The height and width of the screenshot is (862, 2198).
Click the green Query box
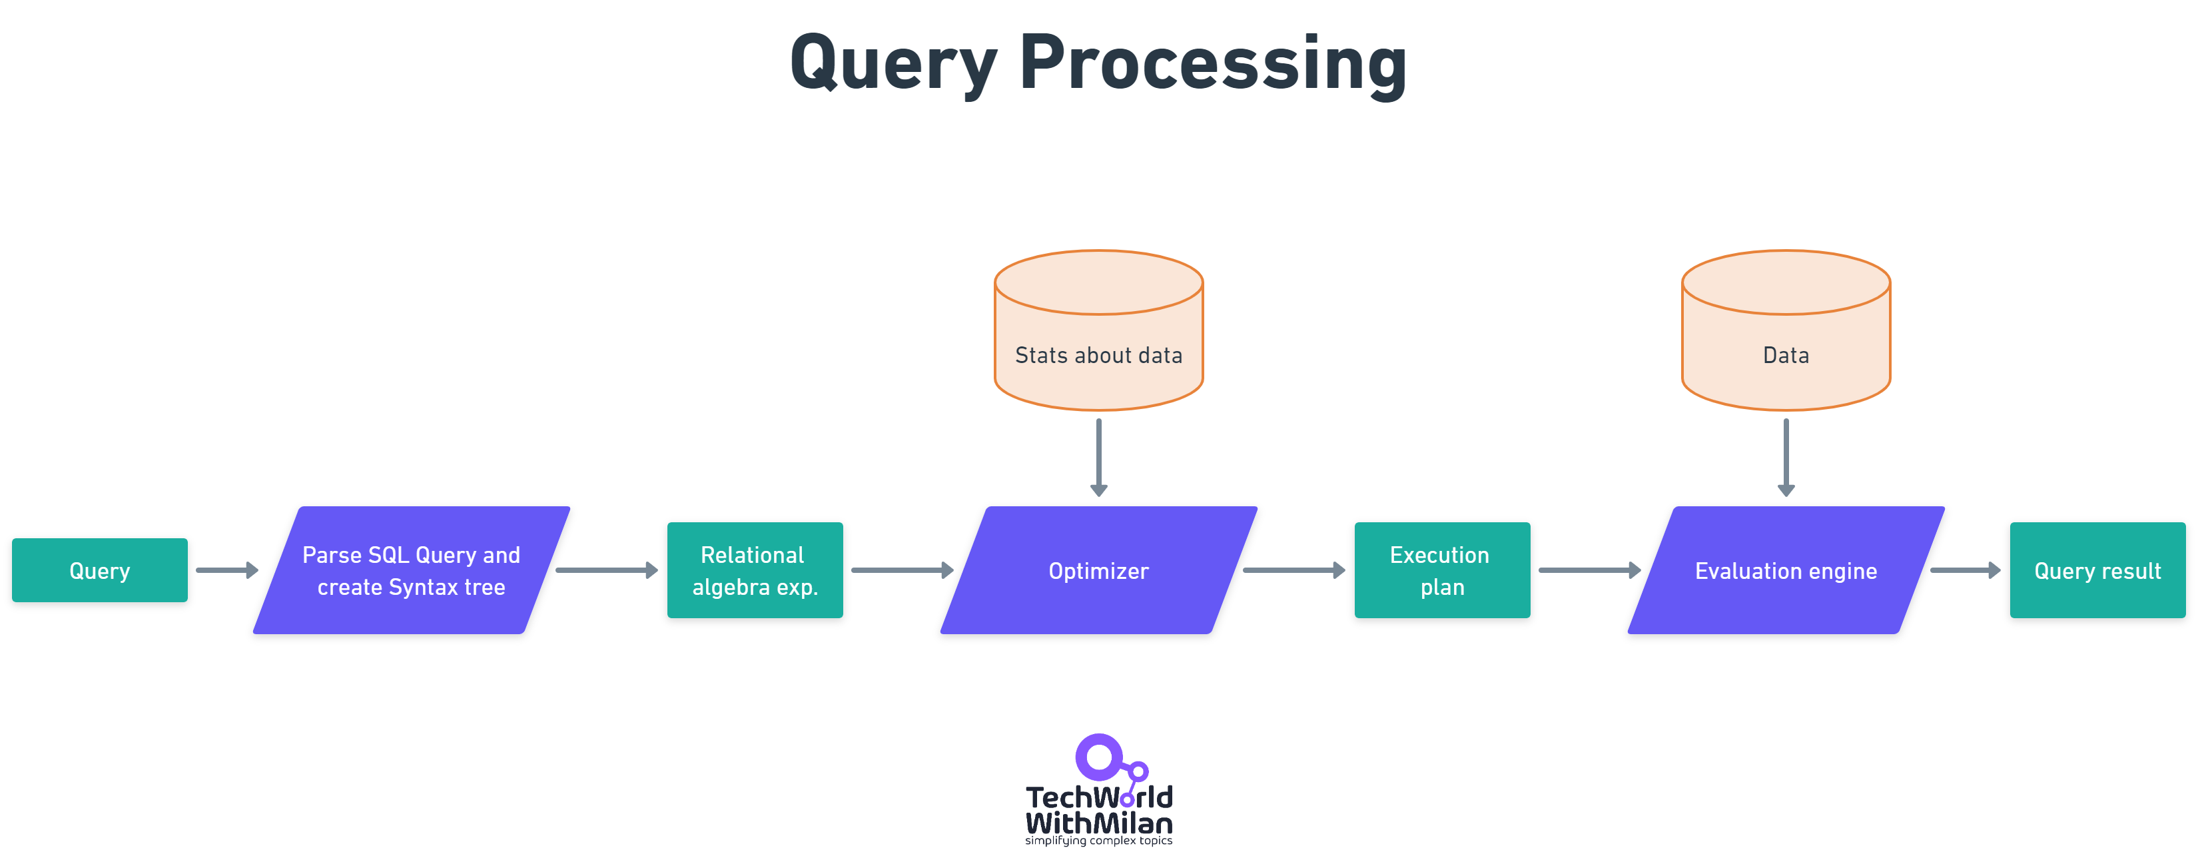tap(100, 570)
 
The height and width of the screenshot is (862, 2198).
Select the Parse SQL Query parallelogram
tap(411, 570)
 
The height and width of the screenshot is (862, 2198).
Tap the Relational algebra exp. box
tap(754, 570)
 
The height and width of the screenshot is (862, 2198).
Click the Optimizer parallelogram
tap(1098, 570)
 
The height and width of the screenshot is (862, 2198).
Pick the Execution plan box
tap(1442, 570)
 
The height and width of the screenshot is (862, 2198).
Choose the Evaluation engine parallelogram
tap(1785, 570)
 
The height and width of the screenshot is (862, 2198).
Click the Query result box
tap(2097, 570)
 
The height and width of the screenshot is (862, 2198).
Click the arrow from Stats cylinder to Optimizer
tap(1099, 456)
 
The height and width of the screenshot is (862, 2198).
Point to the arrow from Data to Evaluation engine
tap(1786, 456)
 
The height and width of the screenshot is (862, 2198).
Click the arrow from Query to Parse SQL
tap(226, 570)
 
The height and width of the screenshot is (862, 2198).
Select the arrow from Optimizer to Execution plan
tap(1293, 570)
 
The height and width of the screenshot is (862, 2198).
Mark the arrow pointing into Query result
tap(1964, 570)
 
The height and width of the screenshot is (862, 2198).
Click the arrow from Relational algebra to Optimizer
tap(901, 570)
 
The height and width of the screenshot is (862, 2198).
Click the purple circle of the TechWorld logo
tap(1099, 757)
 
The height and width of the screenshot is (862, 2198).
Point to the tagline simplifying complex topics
tap(1098, 841)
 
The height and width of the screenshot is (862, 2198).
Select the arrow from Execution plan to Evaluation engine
tap(1588, 570)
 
